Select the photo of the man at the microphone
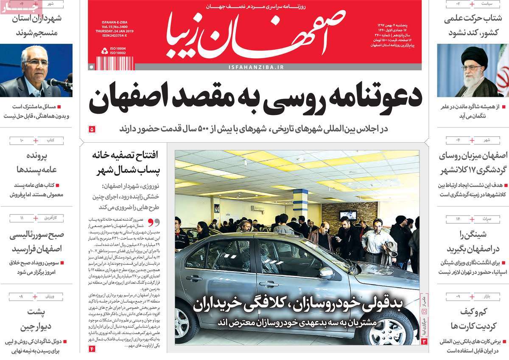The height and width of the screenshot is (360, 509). coord(36,70)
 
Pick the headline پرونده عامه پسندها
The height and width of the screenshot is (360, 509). coord(36,162)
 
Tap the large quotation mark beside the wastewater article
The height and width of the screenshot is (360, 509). coord(156,222)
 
